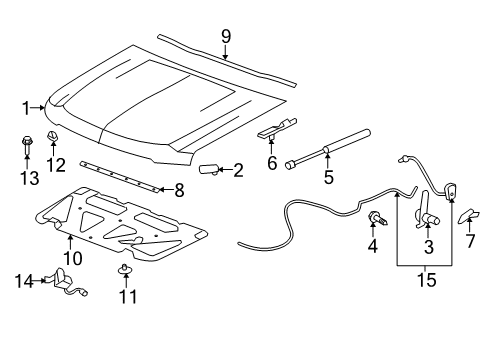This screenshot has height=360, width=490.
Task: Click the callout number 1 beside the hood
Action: point(27,106)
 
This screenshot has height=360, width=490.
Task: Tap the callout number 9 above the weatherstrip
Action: point(226,36)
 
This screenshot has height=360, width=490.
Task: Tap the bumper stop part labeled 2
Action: point(211,169)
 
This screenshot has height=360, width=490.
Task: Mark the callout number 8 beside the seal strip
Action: point(179,189)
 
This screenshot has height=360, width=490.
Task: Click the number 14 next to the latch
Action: point(23,281)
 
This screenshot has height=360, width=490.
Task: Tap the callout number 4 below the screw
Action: point(373,245)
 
